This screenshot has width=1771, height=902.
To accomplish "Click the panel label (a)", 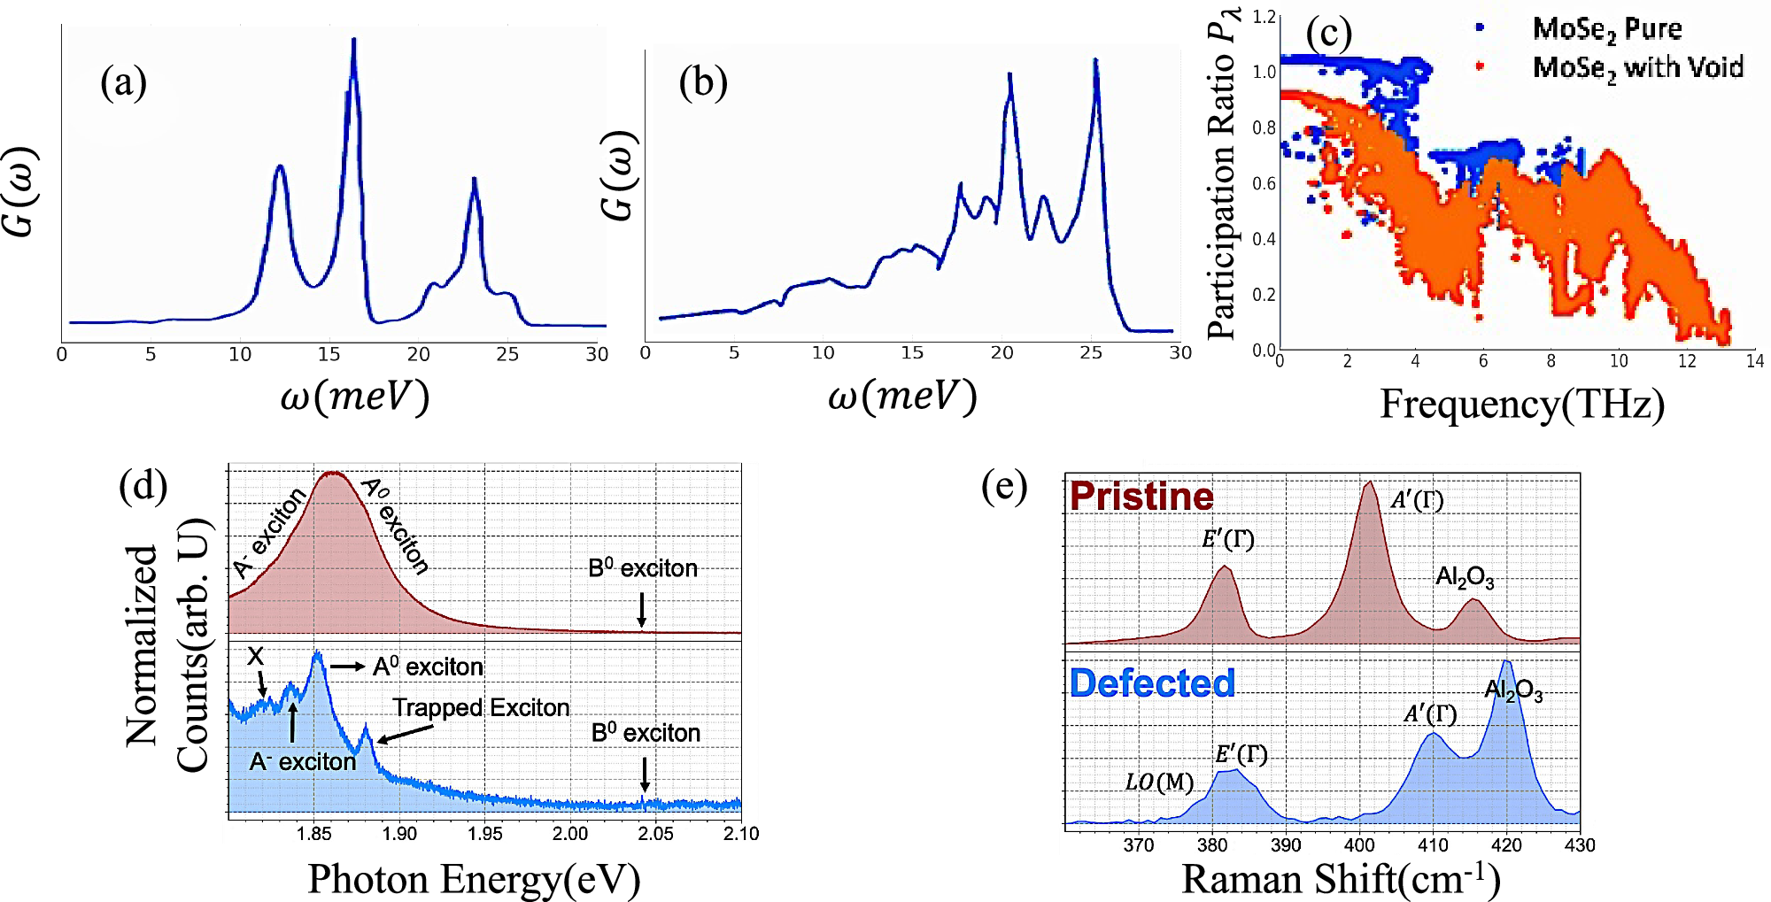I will [x=123, y=83].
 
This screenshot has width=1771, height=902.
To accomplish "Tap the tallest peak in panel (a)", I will [x=353, y=41].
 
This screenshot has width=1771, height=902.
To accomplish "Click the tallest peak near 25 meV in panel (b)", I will [x=1095, y=61].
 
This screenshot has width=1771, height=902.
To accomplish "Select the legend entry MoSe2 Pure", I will [x=1605, y=29].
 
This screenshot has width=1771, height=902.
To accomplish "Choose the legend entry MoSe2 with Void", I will [x=1636, y=67].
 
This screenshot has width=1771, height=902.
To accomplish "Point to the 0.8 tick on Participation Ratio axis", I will [x=1264, y=127].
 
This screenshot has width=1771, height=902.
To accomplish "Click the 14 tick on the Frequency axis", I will [x=1754, y=361].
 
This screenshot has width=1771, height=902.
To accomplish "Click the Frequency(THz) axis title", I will [x=1521, y=404].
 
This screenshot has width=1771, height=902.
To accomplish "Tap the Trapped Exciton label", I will [x=481, y=707].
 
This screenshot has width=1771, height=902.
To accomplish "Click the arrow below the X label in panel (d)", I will [x=261, y=683].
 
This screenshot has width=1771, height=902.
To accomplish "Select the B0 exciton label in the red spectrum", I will [x=642, y=568].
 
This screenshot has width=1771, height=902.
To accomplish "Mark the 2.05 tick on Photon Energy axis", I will [x=655, y=834].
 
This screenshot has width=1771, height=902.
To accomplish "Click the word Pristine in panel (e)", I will [x=1141, y=497].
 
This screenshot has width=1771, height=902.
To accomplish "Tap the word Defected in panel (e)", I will [x=1151, y=683].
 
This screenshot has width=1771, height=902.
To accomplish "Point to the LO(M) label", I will [x=1158, y=783].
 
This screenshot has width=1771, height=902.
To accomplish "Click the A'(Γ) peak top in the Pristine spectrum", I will [x=1369, y=483].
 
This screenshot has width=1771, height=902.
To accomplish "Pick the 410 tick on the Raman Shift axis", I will [x=1432, y=845].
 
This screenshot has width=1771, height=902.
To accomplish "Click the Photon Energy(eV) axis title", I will [x=474, y=879].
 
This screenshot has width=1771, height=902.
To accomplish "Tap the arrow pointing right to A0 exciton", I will [x=347, y=667].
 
